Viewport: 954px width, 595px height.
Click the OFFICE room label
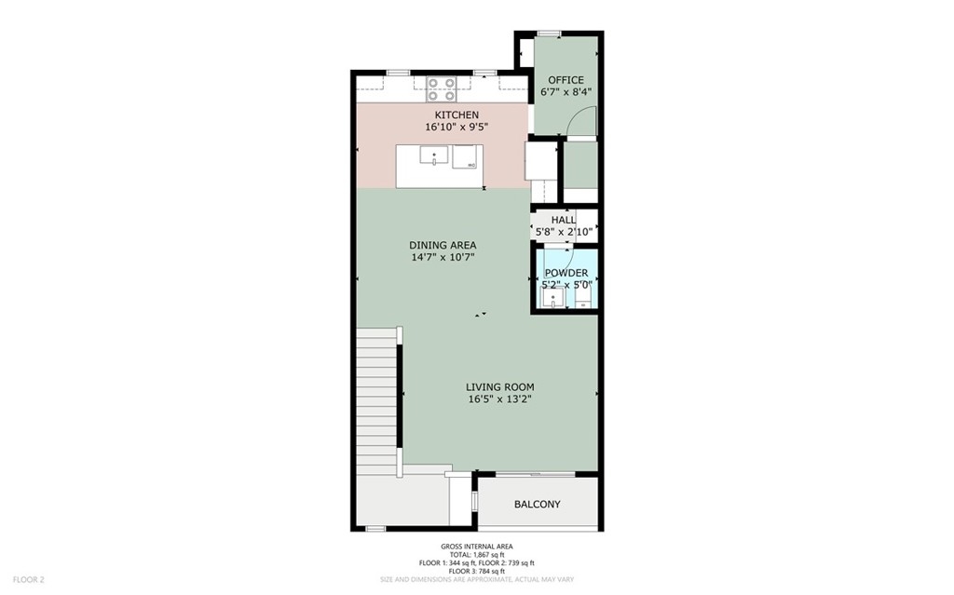point(566,80)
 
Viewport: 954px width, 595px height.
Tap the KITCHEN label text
point(457,115)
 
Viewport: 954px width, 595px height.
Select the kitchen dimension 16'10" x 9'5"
point(457,128)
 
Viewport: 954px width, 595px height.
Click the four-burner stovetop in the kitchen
point(441,88)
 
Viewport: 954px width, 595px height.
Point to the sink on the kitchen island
point(434,156)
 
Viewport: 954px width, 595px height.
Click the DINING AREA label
point(443,245)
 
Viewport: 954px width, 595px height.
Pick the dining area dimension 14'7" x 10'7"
point(443,257)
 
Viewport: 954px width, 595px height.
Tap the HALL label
point(564,220)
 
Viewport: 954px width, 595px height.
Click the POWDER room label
point(566,273)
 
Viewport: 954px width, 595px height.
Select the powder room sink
point(553,298)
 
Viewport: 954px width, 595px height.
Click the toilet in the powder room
point(583,298)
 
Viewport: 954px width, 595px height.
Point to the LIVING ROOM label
point(500,387)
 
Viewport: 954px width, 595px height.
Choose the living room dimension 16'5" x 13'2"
point(500,399)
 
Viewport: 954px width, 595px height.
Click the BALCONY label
point(538,505)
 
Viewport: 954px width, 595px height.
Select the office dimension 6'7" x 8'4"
point(566,92)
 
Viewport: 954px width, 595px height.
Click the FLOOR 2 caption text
point(29,580)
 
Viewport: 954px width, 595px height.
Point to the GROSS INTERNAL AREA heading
point(477,547)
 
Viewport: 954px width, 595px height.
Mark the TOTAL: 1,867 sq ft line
point(477,555)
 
